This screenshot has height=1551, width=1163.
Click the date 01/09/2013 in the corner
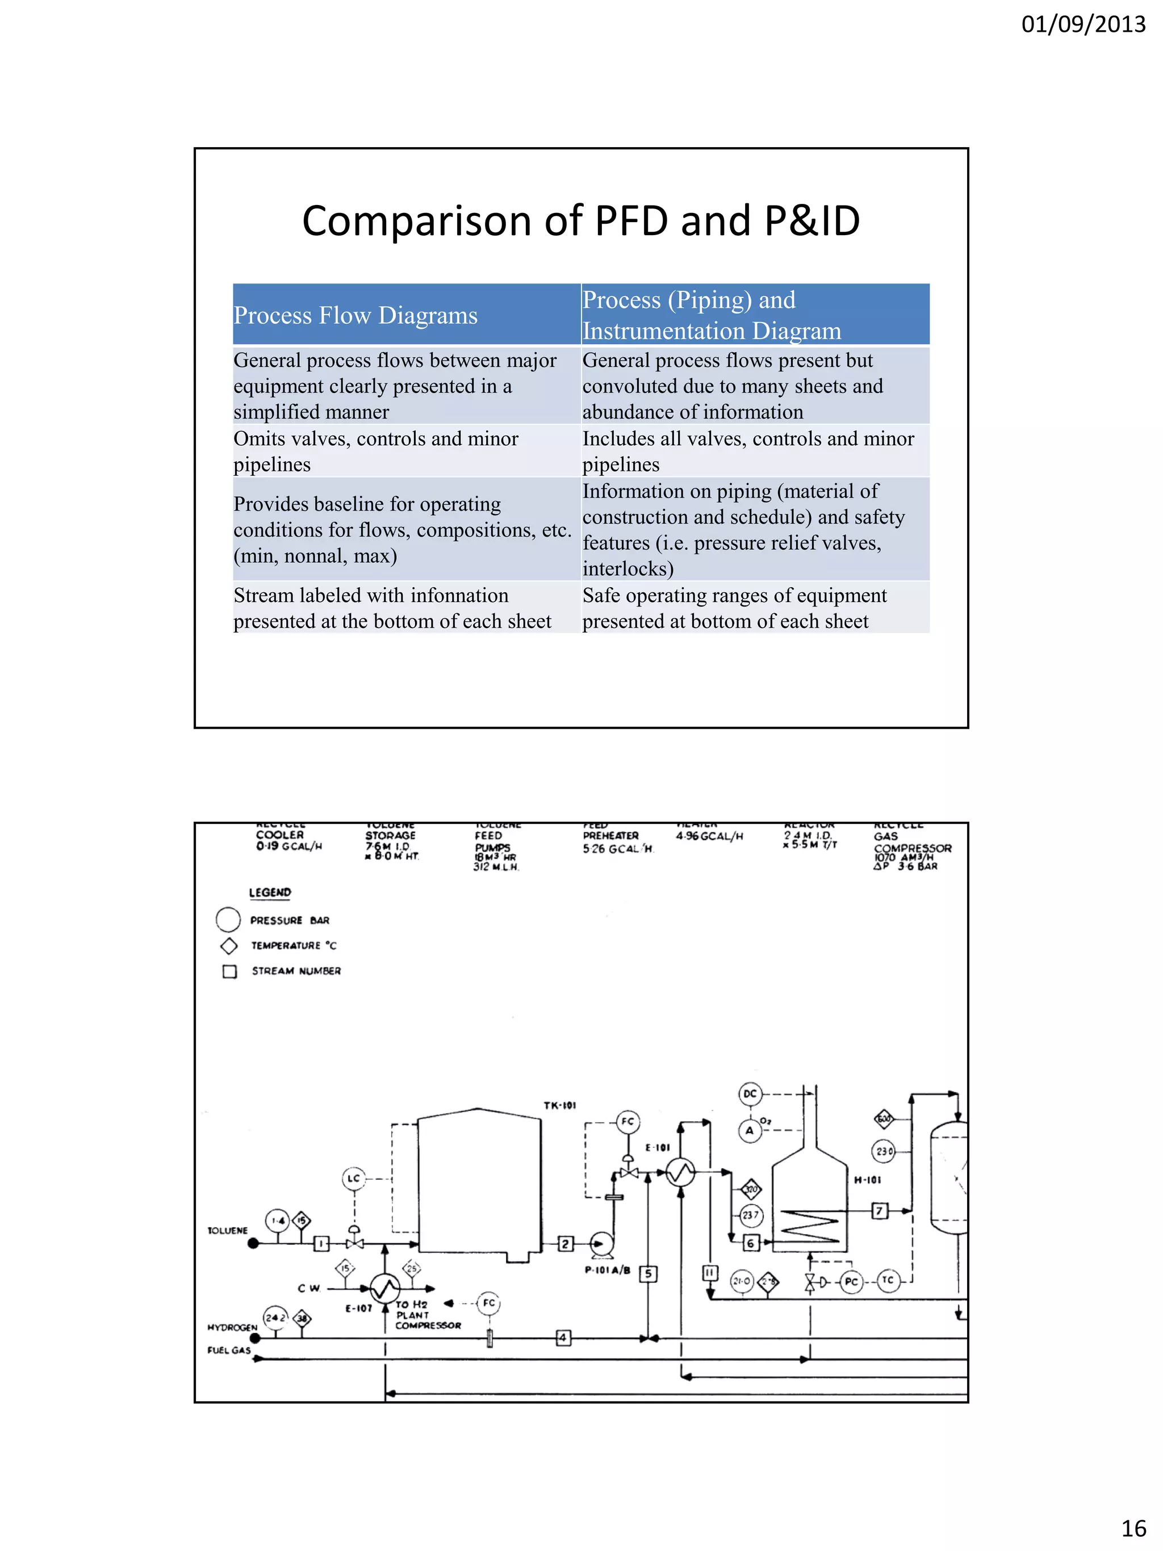coord(1082,24)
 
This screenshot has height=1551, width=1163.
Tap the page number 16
coord(1133,1527)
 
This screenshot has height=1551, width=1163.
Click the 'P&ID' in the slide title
coord(812,221)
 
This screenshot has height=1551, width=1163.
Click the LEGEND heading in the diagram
coord(270,893)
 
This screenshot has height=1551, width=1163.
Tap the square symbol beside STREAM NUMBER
coord(229,972)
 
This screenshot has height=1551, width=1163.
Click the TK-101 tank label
coord(559,1106)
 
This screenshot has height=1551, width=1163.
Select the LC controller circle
coord(354,1178)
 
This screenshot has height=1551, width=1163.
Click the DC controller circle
coord(750,1094)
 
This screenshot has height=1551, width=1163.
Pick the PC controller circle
coord(851,1282)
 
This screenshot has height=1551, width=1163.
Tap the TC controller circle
coord(888,1280)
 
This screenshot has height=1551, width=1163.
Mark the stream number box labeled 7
coord(880,1210)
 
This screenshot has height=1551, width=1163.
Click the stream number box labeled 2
coord(565,1244)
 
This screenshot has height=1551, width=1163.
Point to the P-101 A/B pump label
coord(607,1270)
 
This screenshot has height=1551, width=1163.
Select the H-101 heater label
coord(868,1180)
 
